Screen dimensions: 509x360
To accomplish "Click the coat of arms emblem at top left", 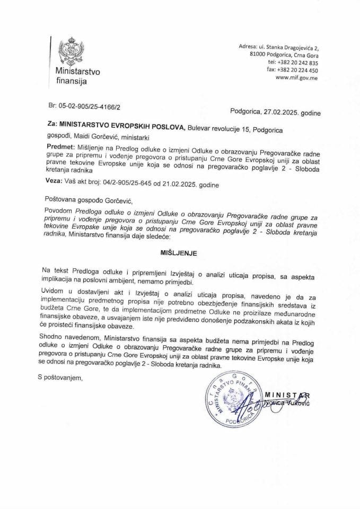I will point(69,51).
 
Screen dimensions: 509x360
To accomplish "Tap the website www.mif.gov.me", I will point(297,77).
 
